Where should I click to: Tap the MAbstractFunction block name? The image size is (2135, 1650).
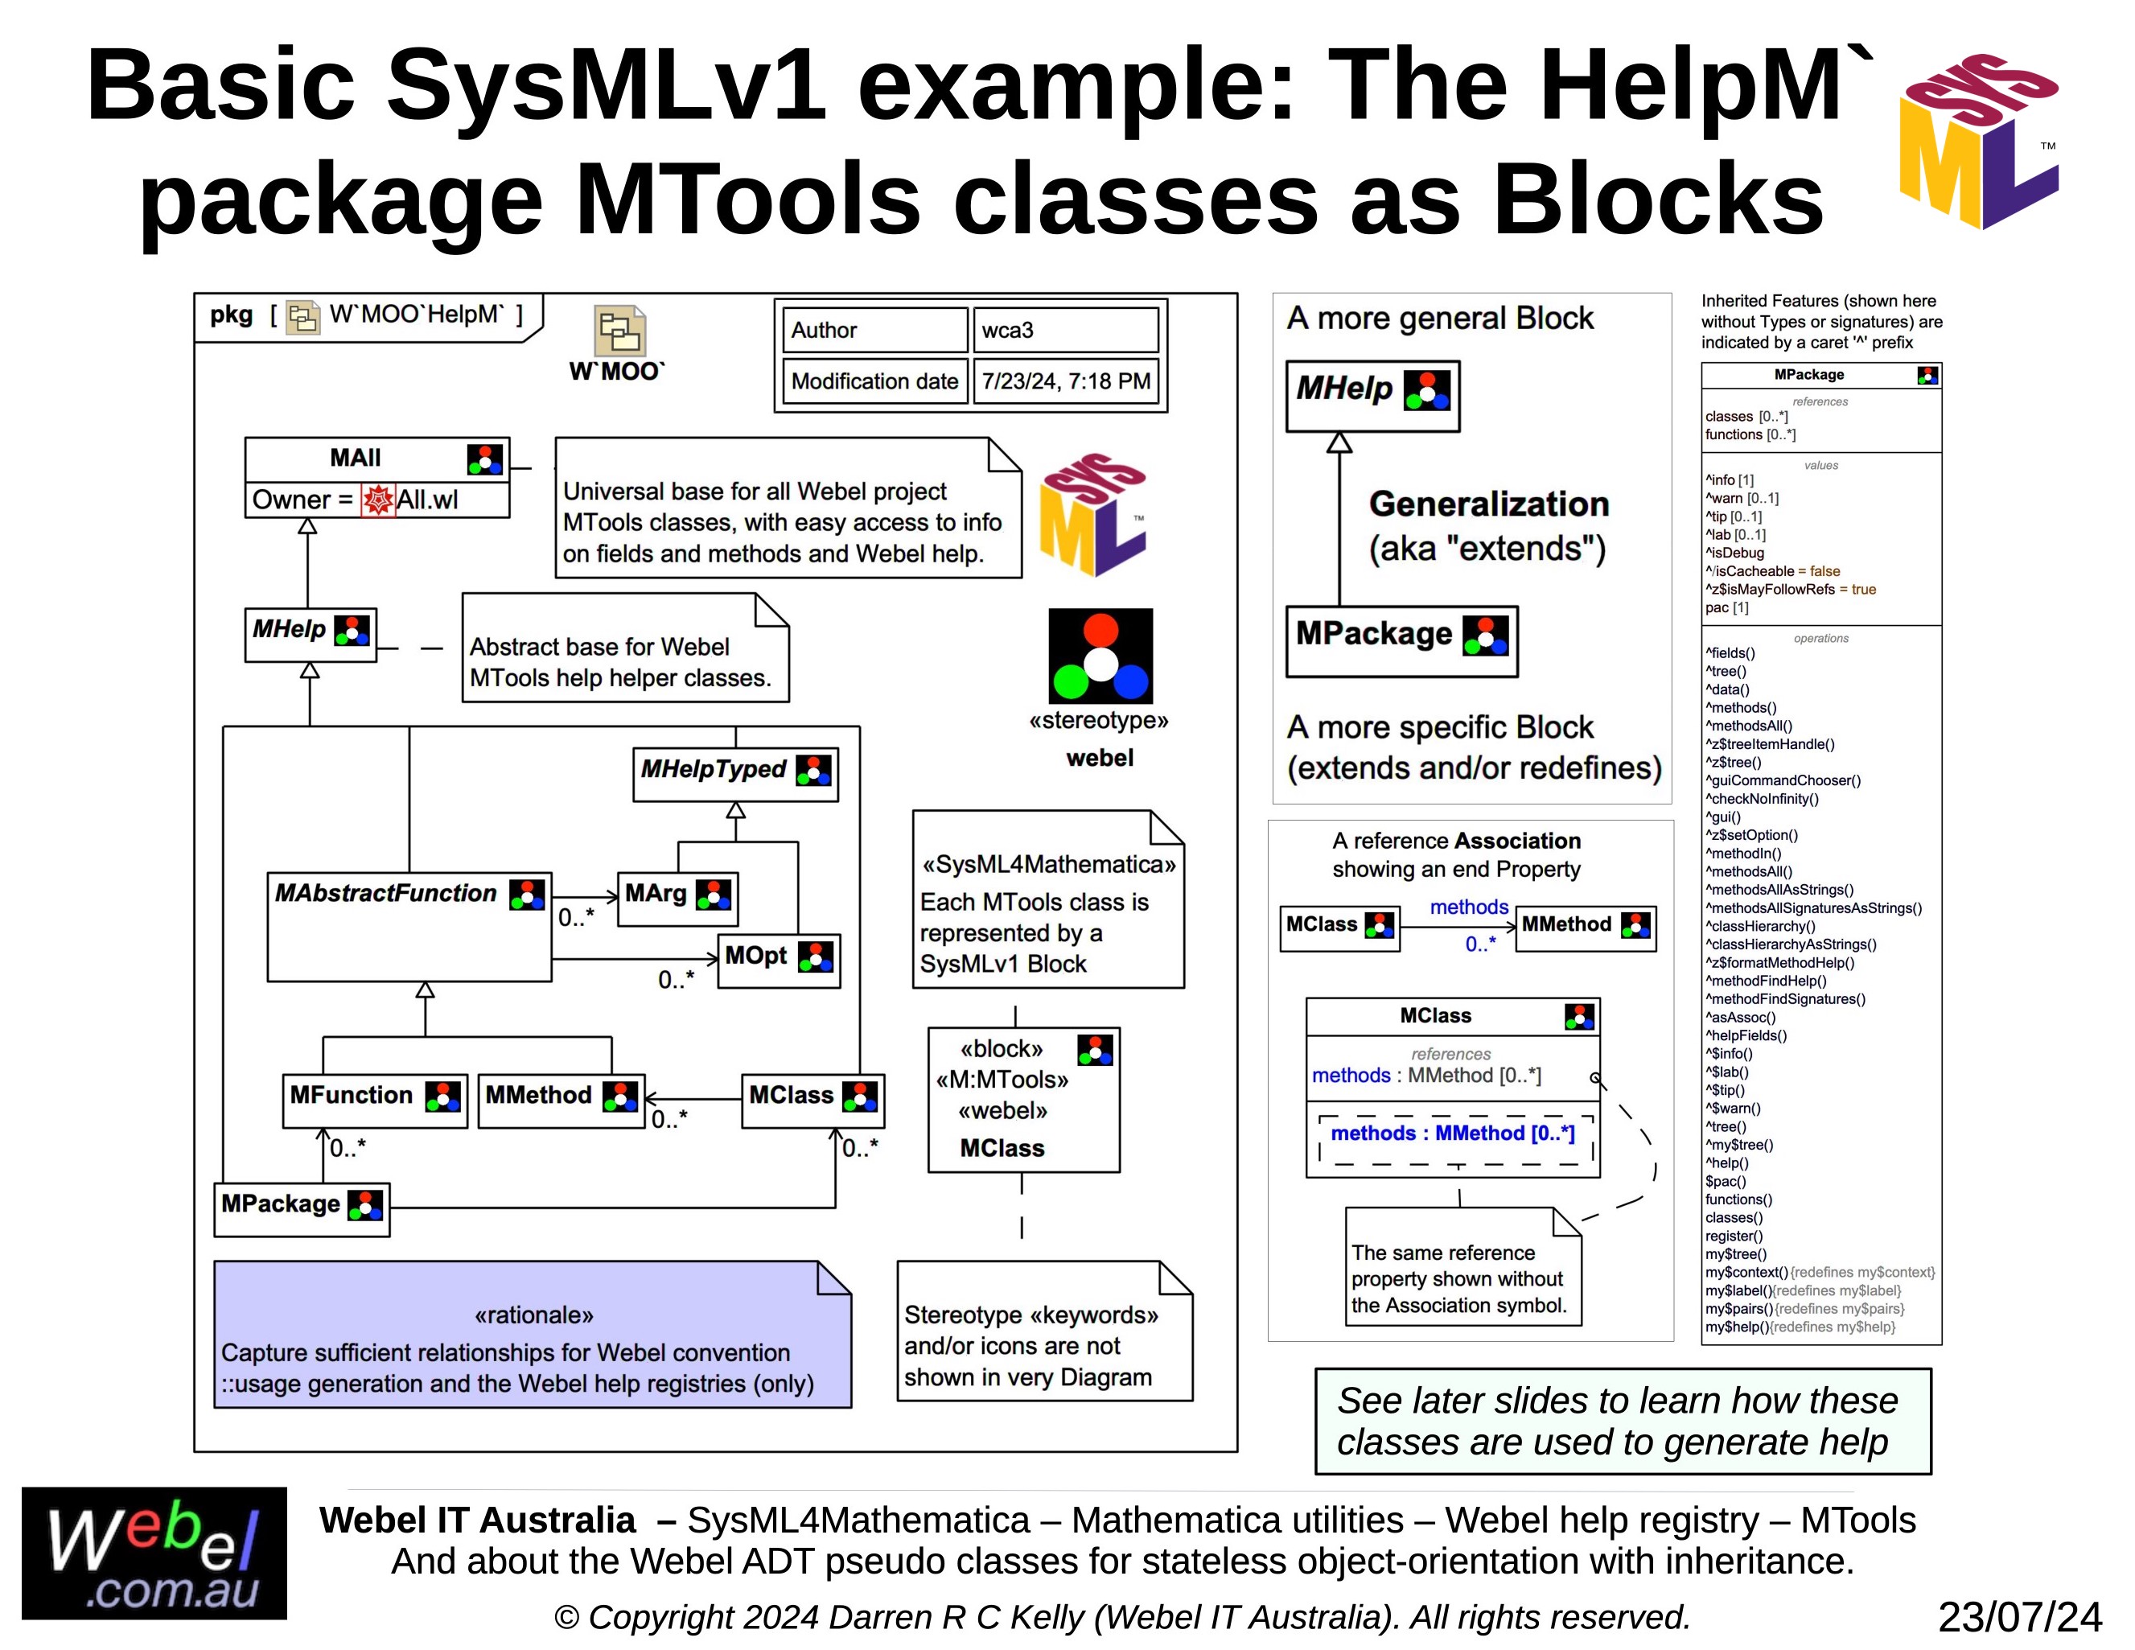tap(386, 894)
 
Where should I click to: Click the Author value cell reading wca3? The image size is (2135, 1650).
tap(1063, 331)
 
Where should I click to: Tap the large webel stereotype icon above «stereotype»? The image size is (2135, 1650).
tap(1100, 656)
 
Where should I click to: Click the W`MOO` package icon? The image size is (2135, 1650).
tap(619, 331)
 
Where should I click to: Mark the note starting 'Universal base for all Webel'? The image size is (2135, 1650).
tap(788, 509)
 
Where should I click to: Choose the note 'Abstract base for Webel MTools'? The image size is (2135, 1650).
tap(625, 649)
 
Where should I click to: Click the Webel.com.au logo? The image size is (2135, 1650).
tap(154, 1553)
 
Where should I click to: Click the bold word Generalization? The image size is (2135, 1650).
tap(1489, 504)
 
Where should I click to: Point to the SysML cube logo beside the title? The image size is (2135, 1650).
tap(1980, 142)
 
